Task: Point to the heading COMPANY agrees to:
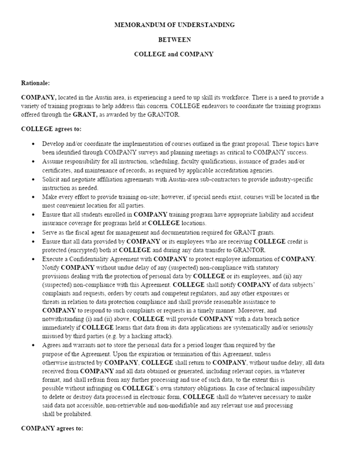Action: pos(52,429)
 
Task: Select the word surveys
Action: pos(147,152)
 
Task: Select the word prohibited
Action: pos(72,414)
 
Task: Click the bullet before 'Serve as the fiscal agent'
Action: pos(35,232)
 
